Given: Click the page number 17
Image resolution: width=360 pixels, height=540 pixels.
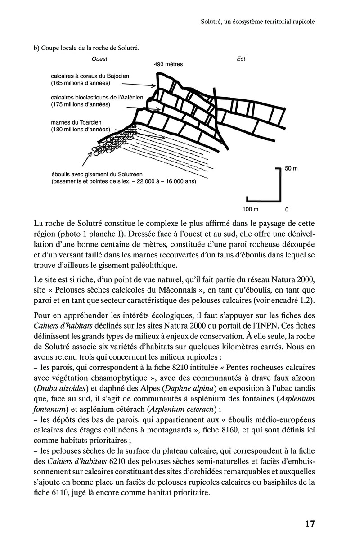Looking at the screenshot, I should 310,523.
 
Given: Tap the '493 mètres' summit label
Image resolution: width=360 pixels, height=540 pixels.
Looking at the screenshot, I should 168,64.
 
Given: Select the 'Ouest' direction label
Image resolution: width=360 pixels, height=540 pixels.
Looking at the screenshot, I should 99,58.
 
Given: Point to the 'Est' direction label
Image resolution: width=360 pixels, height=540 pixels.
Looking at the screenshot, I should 241,58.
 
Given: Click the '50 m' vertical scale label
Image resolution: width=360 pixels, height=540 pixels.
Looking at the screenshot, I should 292,169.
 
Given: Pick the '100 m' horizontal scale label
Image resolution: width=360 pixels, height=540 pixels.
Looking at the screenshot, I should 250,209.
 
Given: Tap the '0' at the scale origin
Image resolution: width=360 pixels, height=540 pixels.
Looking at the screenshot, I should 287,209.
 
